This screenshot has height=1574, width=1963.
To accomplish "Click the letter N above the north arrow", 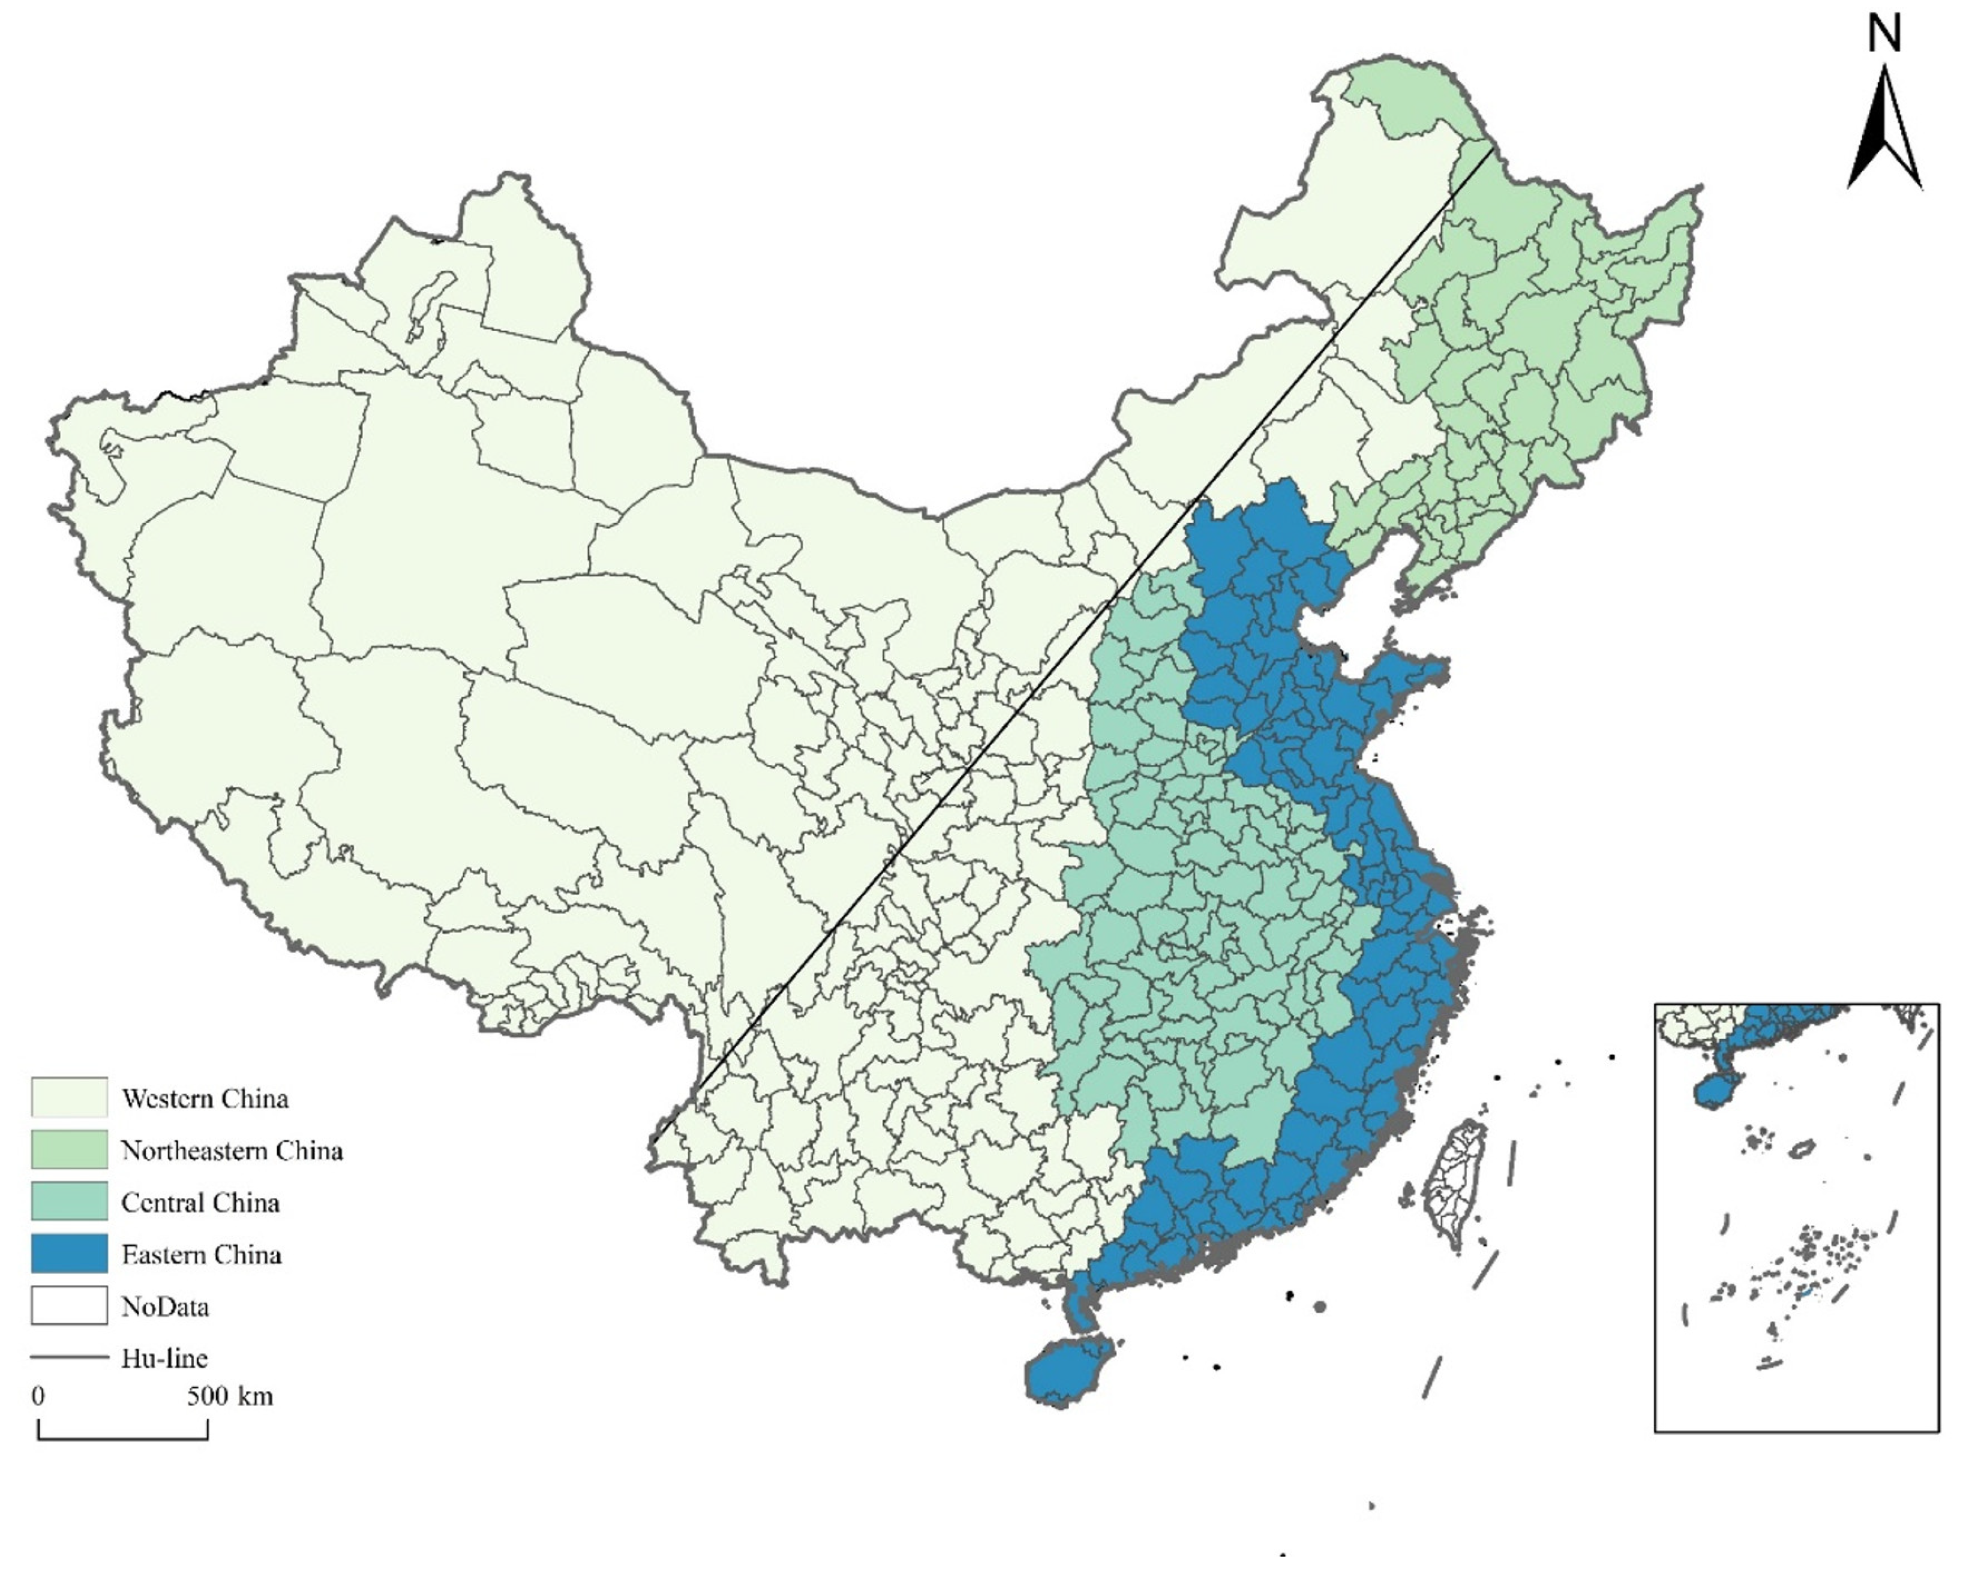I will click(1884, 35).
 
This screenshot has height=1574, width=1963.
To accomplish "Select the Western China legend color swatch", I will click(69, 1097).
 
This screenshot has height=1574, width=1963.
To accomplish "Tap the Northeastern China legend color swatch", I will click(69, 1149).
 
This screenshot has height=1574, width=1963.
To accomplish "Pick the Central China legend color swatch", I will click(69, 1201).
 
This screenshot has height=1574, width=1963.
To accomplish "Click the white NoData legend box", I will click(69, 1305).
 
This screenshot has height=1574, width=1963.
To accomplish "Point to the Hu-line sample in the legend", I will click(69, 1356).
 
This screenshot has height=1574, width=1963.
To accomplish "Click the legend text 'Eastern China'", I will click(201, 1254).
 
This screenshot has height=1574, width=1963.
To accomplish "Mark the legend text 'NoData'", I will click(165, 1306).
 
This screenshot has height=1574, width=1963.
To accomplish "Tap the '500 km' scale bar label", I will click(229, 1396).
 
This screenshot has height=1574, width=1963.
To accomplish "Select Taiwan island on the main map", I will click(1454, 1179).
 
